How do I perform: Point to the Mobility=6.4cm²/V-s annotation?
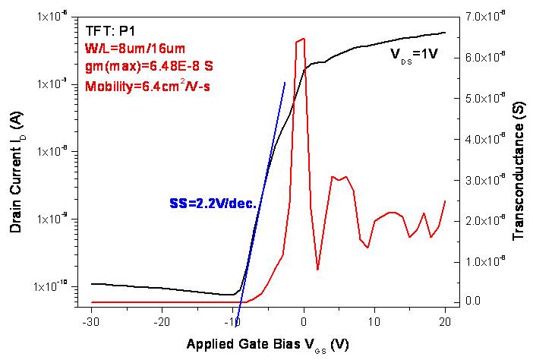pyautogui.click(x=147, y=84)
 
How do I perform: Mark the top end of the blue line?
pyautogui.click(x=285, y=82)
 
